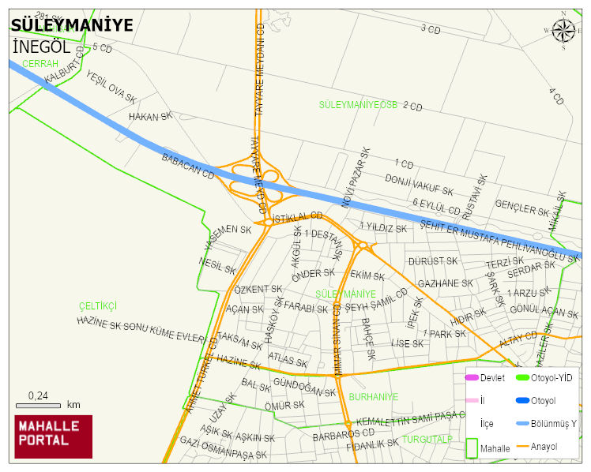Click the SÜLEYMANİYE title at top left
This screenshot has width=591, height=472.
[72, 26]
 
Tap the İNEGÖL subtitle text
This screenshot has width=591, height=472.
[42, 47]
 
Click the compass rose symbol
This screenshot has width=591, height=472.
[563, 30]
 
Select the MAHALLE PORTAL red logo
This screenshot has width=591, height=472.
[54, 436]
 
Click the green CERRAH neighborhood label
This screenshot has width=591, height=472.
[41, 63]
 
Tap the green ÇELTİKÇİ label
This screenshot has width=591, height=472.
[98, 305]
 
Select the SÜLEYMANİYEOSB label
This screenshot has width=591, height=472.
[358, 105]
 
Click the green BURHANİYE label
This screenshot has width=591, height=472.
[373, 397]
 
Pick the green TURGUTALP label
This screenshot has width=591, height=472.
[427, 439]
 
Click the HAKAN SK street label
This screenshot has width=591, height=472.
[150, 117]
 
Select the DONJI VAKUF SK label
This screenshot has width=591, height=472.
[419, 185]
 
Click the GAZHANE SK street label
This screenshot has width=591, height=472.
[445, 283]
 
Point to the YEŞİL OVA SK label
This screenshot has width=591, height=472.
[111, 88]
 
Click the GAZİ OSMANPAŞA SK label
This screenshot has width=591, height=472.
[224, 448]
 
